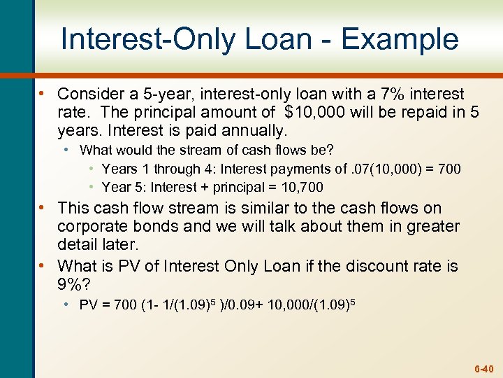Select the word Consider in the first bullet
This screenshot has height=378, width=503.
click(x=89, y=94)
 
